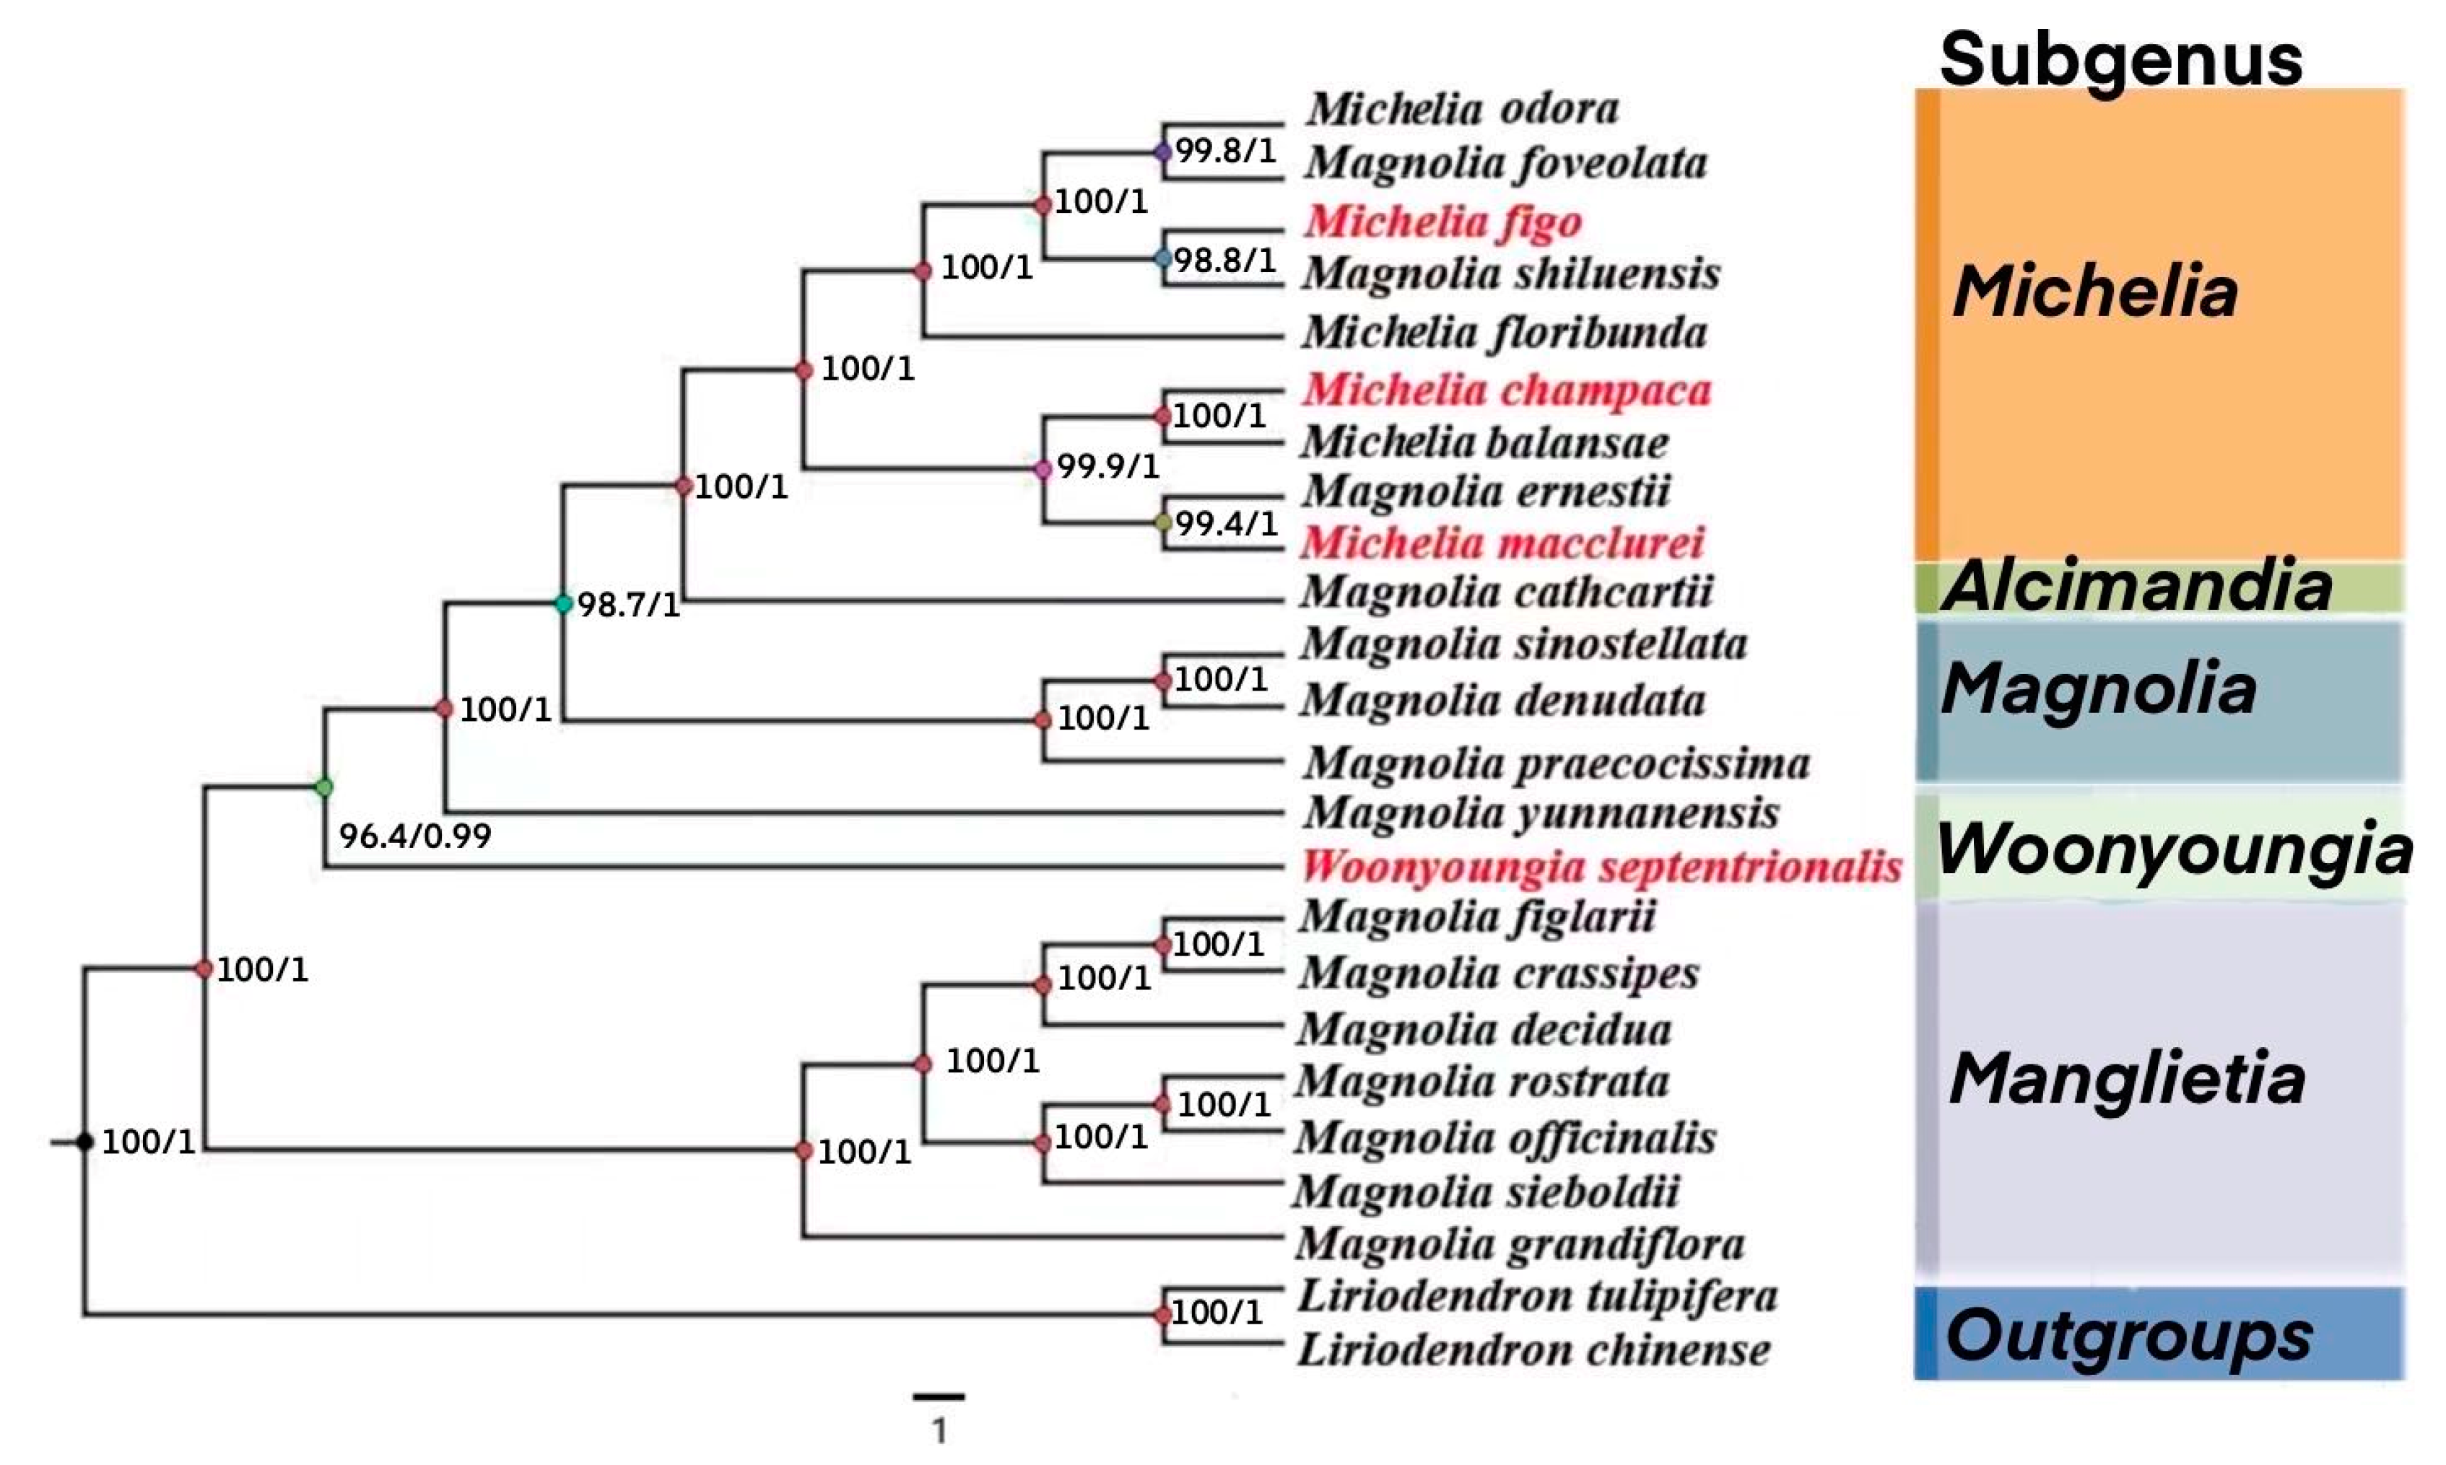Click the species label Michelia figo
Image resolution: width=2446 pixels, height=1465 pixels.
(1442, 221)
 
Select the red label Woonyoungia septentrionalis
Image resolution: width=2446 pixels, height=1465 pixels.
(1601, 867)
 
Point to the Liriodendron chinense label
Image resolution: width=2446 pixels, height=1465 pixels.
(1533, 1350)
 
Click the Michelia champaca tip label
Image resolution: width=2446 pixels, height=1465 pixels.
(1506, 390)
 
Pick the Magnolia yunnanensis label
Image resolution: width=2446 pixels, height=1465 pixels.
(1541, 813)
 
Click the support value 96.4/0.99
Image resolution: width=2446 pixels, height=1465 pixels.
(414, 836)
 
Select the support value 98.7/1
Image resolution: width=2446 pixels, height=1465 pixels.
(629, 604)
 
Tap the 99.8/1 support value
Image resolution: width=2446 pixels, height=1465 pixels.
(1225, 151)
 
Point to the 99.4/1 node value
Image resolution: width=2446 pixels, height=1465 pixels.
(1225, 523)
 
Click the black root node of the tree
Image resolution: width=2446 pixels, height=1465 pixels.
(85, 1142)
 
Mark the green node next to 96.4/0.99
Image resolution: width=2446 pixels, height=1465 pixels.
(324, 787)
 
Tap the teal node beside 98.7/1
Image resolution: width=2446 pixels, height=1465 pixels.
(563, 603)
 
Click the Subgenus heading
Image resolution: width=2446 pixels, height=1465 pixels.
(2120, 59)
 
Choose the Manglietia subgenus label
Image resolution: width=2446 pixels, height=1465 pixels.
(2126, 1078)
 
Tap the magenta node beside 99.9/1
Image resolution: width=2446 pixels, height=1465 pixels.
(1043, 470)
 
